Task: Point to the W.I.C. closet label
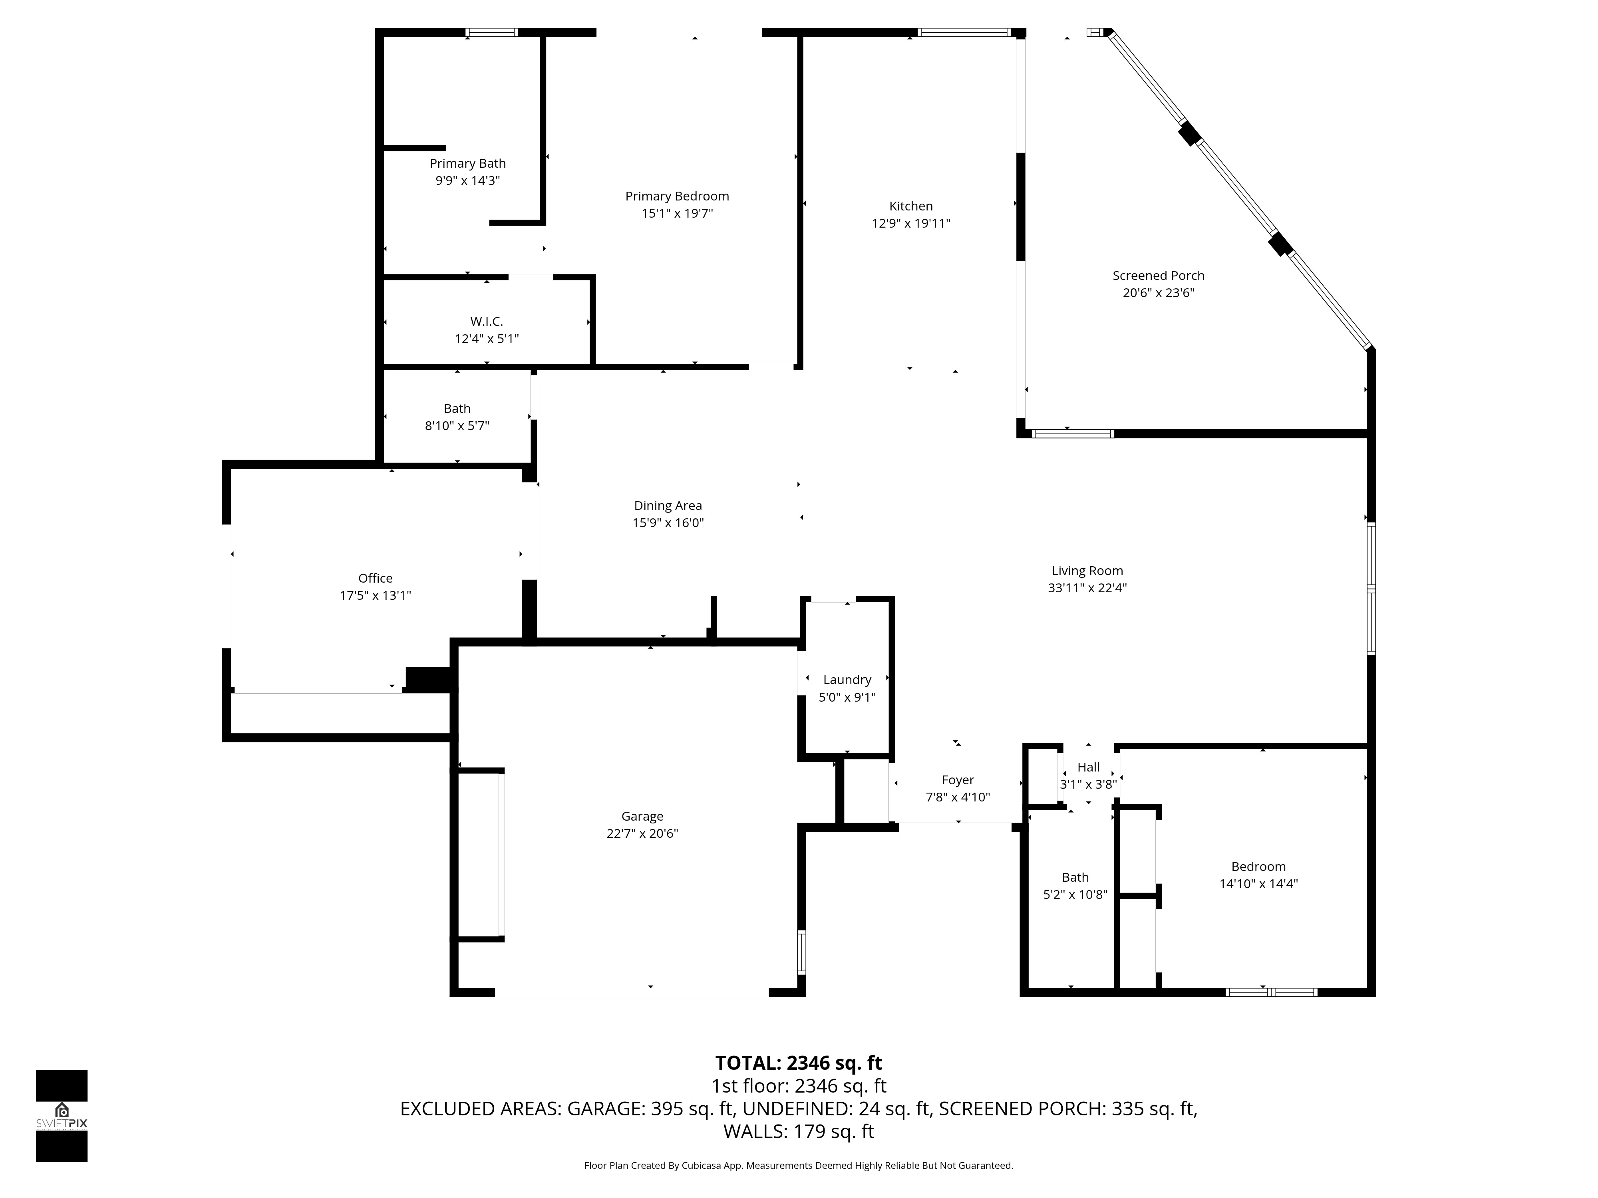[x=486, y=321]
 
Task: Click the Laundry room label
[x=847, y=680]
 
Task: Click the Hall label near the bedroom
[x=1088, y=767]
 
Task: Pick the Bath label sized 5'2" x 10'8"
[x=1075, y=877]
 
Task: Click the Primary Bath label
[x=467, y=164]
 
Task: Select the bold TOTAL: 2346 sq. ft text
[x=798, y=1063]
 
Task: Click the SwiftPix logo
[x=62, y=1116]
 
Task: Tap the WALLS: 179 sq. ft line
[x=798, y=1132]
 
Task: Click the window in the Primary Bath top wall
[x=491, y=32]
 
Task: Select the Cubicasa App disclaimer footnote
[x=798, y=1166]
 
